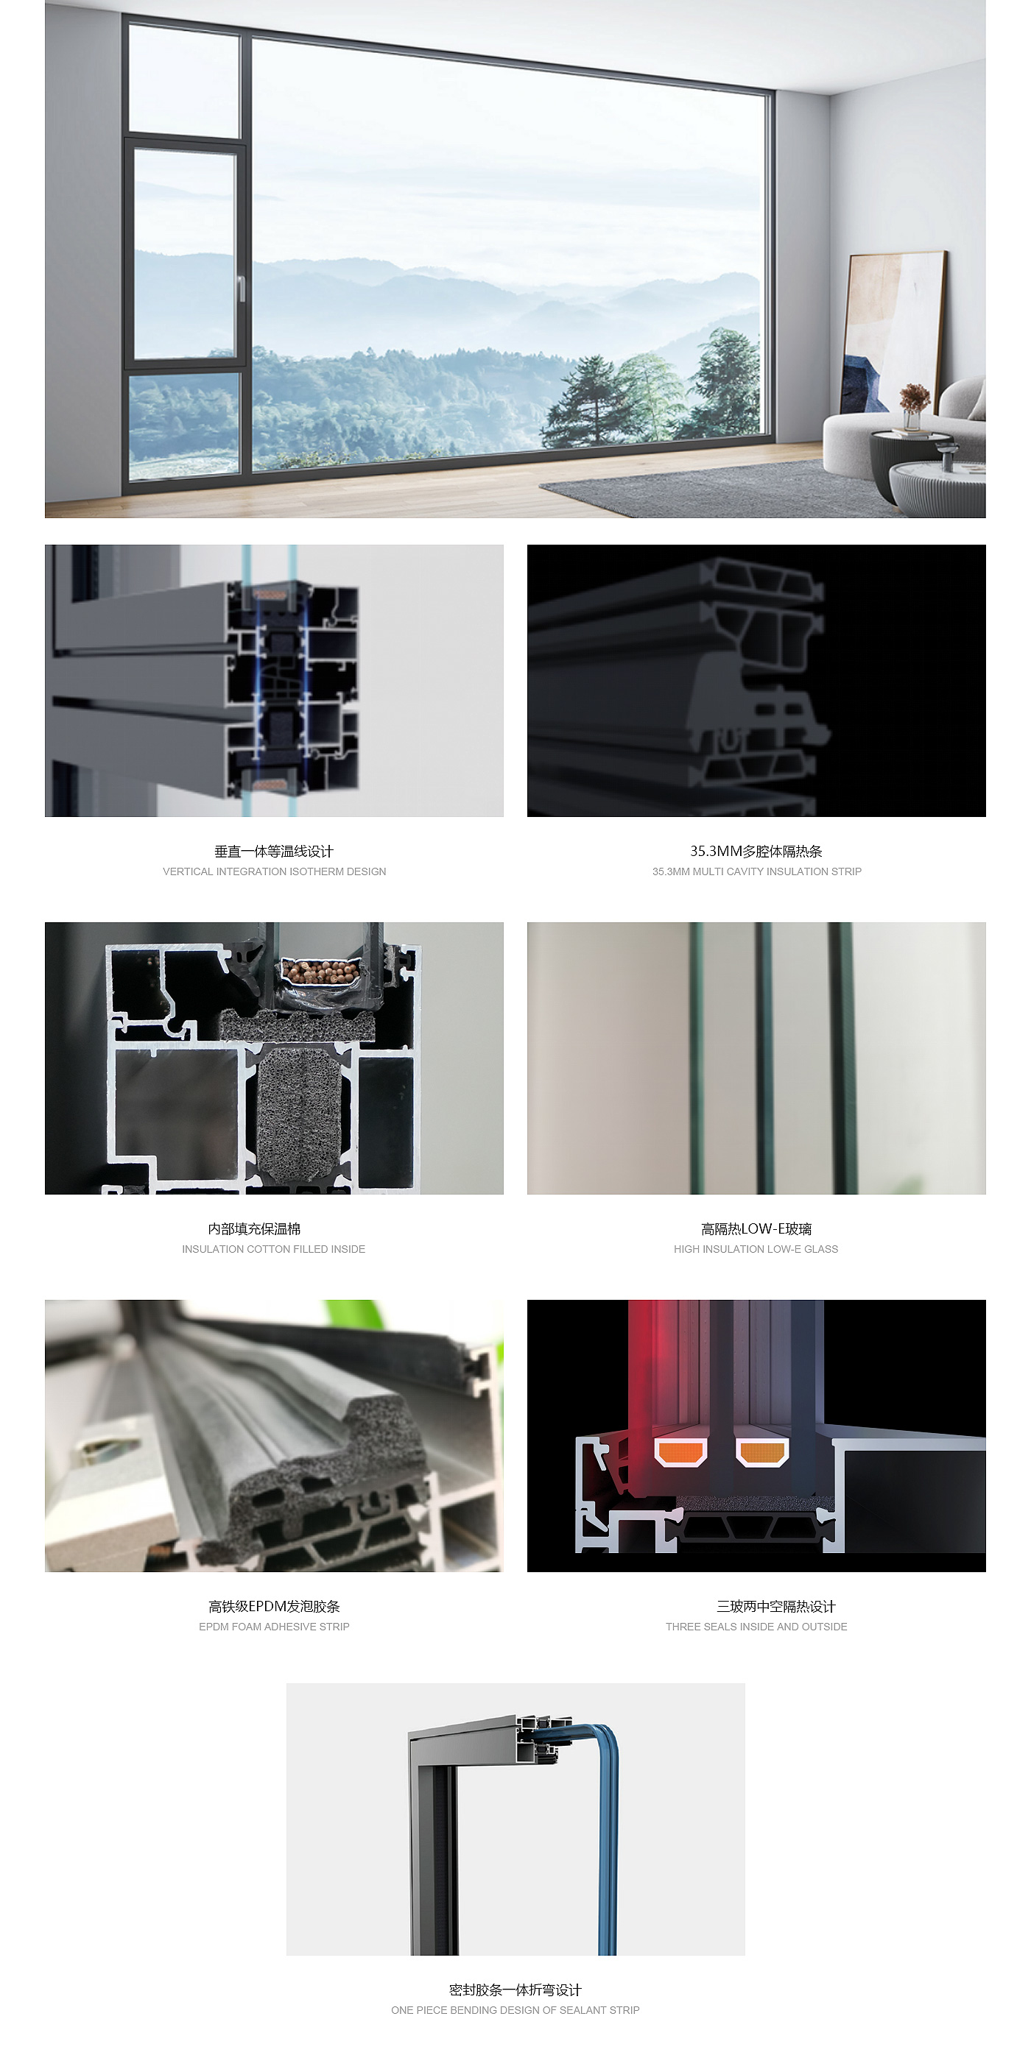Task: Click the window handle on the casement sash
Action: (x=240, y=288)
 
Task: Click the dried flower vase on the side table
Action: (x=913, y=408)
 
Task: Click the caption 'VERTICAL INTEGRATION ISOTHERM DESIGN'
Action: (x=275, y=871)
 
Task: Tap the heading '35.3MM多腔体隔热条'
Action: (x=756, y=851)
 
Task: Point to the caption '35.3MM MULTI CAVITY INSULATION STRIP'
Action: (x=756, y=871)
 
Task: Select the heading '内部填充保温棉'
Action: (x=254, y=1228)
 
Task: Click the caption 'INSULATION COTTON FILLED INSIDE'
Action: (x=274, y=1248)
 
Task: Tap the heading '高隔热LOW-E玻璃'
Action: (x=756, y=1228)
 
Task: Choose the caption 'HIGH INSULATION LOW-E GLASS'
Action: (x=756, y=1248)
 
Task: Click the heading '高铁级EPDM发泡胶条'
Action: (x=275, y=1606)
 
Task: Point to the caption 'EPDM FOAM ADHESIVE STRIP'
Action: (x=275, y=1626)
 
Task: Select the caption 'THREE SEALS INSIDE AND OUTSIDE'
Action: (x=756, y=1626)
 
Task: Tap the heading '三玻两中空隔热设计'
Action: (x=775, y=1606)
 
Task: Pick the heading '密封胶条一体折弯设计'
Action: (x=515, y=1989)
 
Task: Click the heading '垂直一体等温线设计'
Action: (x=274, y=851)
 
